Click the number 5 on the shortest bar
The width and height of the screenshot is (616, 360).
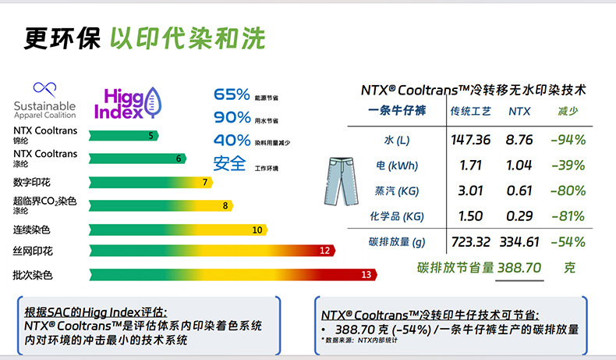tap(150, 136)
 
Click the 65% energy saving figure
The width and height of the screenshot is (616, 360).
tap(232, 95)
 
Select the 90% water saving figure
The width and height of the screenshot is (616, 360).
tap(232, 119)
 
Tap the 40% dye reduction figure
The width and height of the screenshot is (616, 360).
tap(232, 141)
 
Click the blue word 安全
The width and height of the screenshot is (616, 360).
tap(230, 165)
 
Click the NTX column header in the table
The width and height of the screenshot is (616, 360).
tap(519, 112)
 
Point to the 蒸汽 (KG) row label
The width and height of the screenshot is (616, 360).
tap(396, 191)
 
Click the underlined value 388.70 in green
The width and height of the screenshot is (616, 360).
tap(519, 267)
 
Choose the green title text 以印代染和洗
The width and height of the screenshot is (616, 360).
tap(187, 38)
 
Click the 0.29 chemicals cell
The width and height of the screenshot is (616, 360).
tap(519, 216)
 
